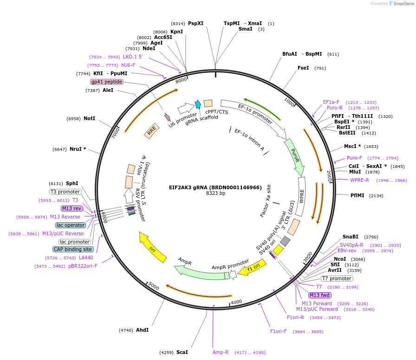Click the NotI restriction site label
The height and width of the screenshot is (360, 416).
(89, 119)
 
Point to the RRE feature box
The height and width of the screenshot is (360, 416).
(152, 131)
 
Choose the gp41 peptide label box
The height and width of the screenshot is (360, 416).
(107, 82)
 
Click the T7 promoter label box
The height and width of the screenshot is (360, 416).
(337, 278)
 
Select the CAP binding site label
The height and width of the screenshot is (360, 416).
(73, 250)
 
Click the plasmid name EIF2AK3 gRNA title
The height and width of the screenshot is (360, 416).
(215, 187)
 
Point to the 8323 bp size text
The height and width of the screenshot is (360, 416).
(215, 193)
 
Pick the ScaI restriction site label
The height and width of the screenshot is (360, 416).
(182, 352)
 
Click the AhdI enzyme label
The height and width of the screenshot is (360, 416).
(142, 330)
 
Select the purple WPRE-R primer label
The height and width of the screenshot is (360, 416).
(359, 180)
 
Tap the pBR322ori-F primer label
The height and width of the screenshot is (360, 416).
(83, 266)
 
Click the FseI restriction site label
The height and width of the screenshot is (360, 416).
(303, 68)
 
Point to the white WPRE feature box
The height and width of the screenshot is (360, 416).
(302, 197)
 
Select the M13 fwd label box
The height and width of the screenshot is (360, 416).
(319, 295)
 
